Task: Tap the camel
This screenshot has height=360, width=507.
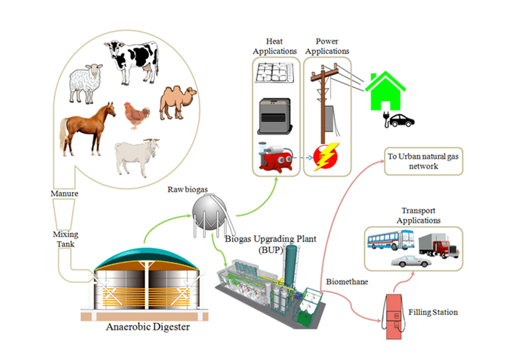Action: (177, 102)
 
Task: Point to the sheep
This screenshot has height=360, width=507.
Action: (86, 84)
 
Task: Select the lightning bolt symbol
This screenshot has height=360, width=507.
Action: (326, 156)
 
